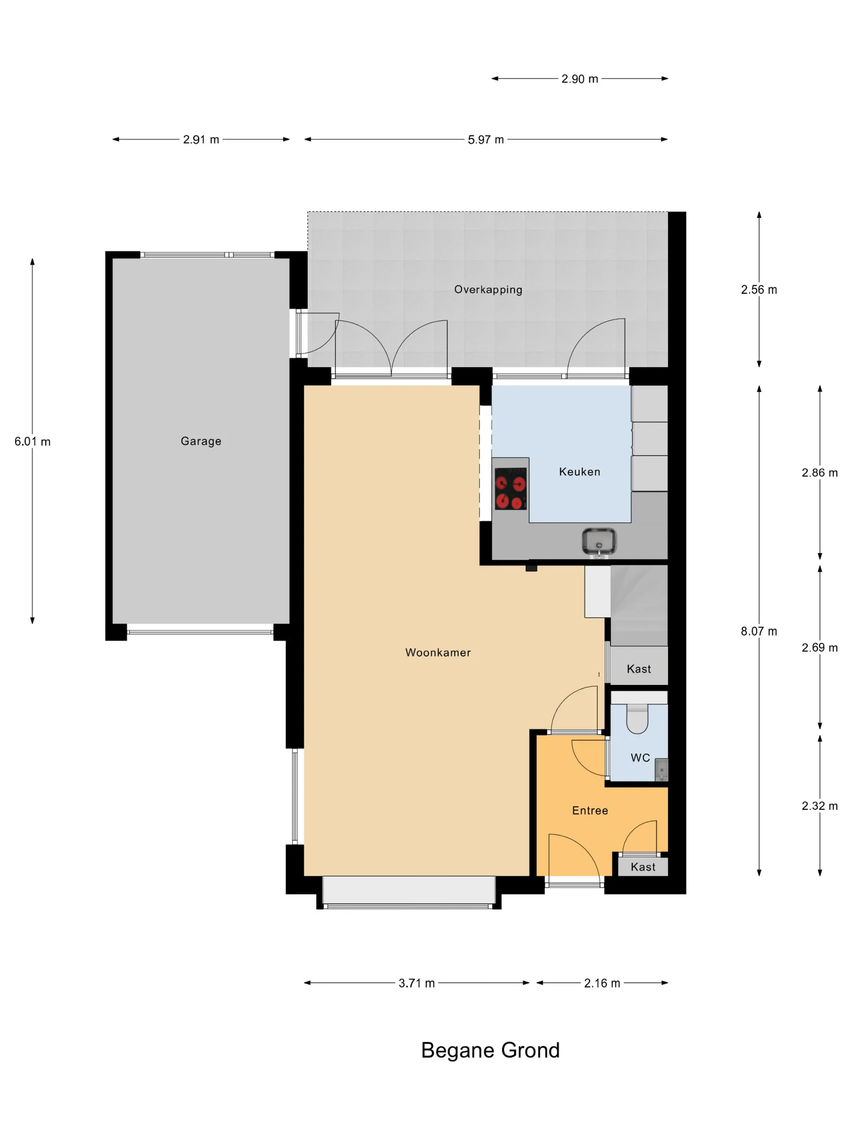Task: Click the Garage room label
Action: pyautogui.click(x=201, y=441)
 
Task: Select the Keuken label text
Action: pyautogui.click(x=579, y=471)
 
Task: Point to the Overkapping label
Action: pyautogui.click(x=488, y=290)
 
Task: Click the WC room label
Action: pyautogui.click(x=640, y=757)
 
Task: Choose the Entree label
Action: pyautogui.click(x=590, y=810)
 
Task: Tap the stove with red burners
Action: pyautogui.click(x=510, y=489)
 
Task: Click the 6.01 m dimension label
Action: pyautogui.click(x=32, y=442)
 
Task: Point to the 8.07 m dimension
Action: pyautogui.click(x=759, y=631)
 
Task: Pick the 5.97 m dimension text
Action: pyautogui.click(x=485, y=140)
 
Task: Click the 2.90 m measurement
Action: pyautogui.click(x=579, y=79)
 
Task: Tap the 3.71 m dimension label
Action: pyautogui.click(x=417, y=983)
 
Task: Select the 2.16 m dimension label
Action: pyautogui.click(x=602, y=983)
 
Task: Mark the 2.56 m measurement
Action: pyautogui.click(x=759, y=290)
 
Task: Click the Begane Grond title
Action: pyautogui.click(x=490, y=1050)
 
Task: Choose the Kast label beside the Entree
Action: pyautogui.click(x=643, y=867)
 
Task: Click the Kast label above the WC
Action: pyautogui.click(x=639, y=669)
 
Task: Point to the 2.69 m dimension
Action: pyautogui.click(x=820, y=648)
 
